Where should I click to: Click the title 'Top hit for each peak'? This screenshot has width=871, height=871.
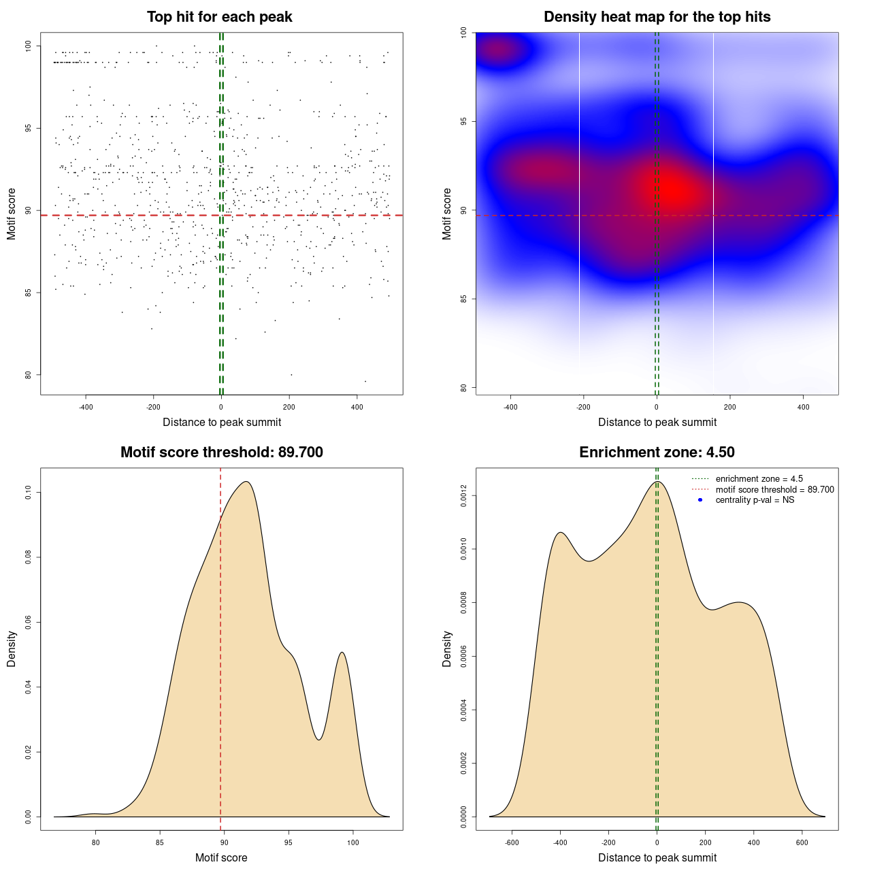pyautogui.click(x=220, y=17)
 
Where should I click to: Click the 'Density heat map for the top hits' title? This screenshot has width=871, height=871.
pyautogui.click(x=657, y=17)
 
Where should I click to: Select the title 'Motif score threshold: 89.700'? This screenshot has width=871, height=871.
pyautogui.click(x=221, y=453)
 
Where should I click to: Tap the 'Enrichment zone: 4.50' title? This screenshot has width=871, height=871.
pyautogui.click(x=657, y=453)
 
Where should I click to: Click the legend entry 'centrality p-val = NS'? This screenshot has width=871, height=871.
pyautogui.click(x=755, y=500)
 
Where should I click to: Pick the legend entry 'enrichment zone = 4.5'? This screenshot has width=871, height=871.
pyautogui.click(x=759, y=479)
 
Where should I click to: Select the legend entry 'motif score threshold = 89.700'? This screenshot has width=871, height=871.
pyautogui.click(x=774, y=490)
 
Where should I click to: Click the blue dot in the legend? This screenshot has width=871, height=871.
pyautogui.click(x=700, y=500)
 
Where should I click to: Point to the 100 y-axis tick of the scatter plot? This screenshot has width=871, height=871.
pyautogui.click(x=29, y=46)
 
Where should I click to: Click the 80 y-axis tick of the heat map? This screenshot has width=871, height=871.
pyautogui.click(x=464, y=388)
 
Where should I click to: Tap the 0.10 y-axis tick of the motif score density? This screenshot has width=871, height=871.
pyautogui.click(x=29, y=493)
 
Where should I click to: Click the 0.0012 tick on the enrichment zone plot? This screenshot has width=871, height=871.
pyautogui.click(x=464, y=496)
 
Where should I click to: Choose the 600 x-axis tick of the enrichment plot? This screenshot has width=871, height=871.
pyautogui.click(x=802, y=842)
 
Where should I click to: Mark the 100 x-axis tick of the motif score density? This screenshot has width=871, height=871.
pyautogui.click(x=352, y=842)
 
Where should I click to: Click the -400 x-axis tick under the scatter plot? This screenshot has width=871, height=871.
pyautogui.click(x=86, y=407)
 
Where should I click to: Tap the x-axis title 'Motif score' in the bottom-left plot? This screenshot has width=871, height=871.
pyautogui.click(x=221, y=858)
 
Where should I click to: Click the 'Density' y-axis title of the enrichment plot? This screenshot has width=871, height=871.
pyautogui.click(x=447, y=648)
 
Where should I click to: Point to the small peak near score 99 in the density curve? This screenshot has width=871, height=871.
pyautogui.click(x=342, y=653)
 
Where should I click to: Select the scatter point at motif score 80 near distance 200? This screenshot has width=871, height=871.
pyautogui.click(x=291, y=374)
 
